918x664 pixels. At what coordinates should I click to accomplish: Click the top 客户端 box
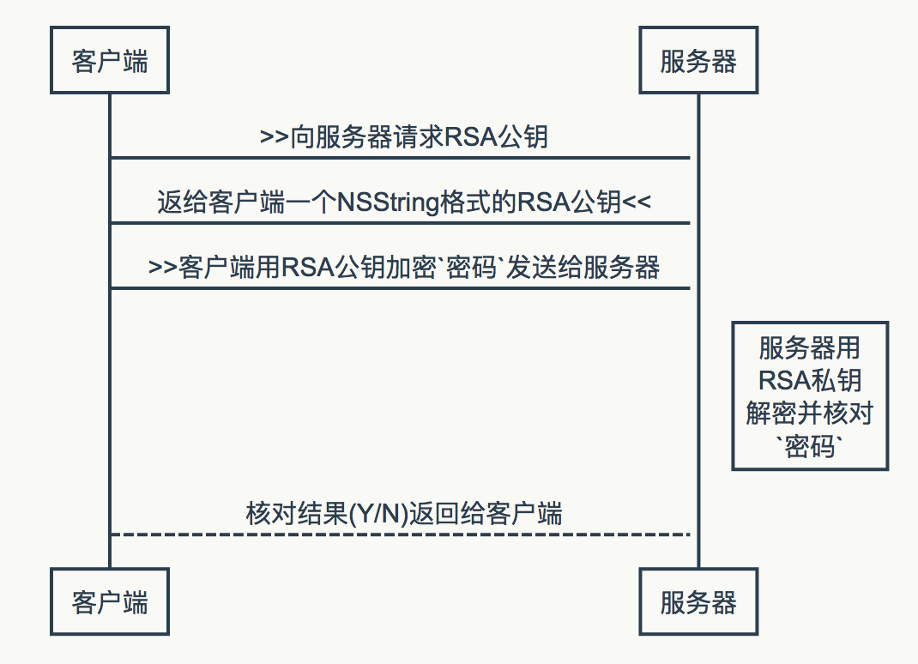click(110, 61)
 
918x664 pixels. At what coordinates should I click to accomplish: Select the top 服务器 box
click(698, 61)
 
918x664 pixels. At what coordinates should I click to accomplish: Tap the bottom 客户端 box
click(110, 602)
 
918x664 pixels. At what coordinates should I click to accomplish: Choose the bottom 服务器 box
click(698, 602)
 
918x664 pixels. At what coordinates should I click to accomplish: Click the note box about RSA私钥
click(809, 396)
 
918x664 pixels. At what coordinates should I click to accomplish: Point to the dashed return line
click(401, 534)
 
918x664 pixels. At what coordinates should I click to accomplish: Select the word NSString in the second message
click(389, 202)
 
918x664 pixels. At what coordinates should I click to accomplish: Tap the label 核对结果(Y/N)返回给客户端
click(404, 514)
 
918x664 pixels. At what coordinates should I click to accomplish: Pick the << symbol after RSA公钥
click(637, 202)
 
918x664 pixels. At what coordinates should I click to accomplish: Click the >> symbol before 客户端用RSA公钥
click(164, 268)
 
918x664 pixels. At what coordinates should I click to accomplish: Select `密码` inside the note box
click(809, 446)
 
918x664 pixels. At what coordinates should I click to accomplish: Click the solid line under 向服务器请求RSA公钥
click(401, 158)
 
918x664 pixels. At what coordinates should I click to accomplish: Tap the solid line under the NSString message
click(401, 223)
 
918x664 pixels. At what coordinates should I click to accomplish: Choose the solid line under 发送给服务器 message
click(401, 288)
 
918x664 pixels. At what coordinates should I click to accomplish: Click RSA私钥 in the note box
click(809, 380)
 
